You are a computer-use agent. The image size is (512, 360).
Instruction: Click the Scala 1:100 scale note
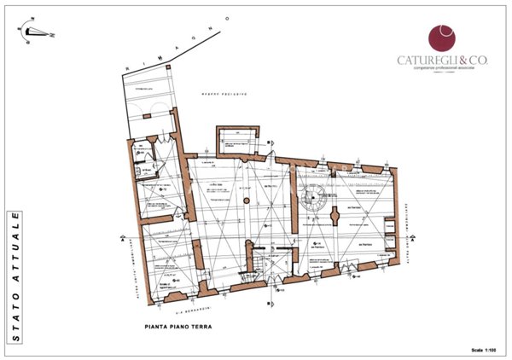pos(487,350)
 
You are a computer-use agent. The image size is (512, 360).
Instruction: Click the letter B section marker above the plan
pos(270,142)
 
